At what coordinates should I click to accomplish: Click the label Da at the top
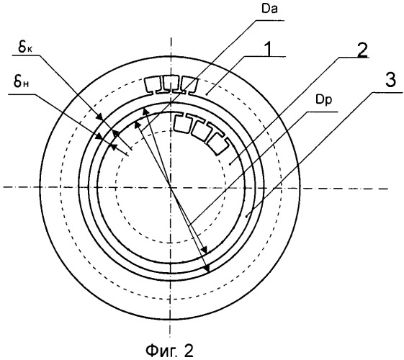tap(269, 9)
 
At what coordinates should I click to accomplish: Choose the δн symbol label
tap(21, 82)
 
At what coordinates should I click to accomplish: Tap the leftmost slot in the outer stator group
tap(153, 85)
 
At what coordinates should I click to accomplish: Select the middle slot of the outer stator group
tap(170, 84)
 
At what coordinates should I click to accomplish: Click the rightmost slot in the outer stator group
tap(189, 85)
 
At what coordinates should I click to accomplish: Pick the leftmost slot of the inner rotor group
tap(182, 123)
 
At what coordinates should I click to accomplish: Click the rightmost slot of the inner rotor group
tap(218, 145)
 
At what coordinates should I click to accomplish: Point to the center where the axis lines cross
tap(170, 188)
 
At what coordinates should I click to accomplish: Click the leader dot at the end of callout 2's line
tap(230, 163)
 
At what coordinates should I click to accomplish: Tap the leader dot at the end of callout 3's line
tap(246, 217)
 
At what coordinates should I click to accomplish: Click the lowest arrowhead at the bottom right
tap(207, 269)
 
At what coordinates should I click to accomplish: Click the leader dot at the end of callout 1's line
tap(207, 94)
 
